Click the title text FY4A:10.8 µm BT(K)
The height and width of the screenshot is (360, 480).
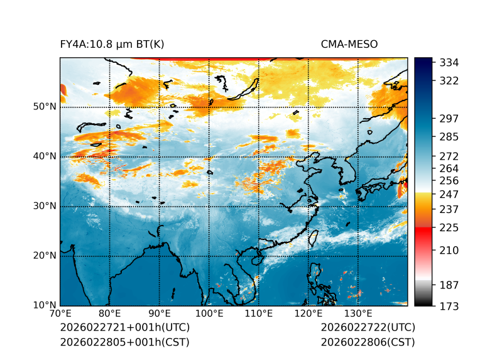[112, 44]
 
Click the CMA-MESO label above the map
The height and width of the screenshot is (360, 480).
[349, 44]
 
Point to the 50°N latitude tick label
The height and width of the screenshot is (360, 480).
[45, 107]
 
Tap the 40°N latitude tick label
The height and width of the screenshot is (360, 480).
[45, 156]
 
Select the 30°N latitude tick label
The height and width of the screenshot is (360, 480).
[45, 206]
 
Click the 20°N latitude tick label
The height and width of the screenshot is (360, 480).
[45, 256]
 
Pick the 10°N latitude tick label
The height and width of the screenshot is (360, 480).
[45, 305]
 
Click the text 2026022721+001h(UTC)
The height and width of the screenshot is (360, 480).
[124, 328]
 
